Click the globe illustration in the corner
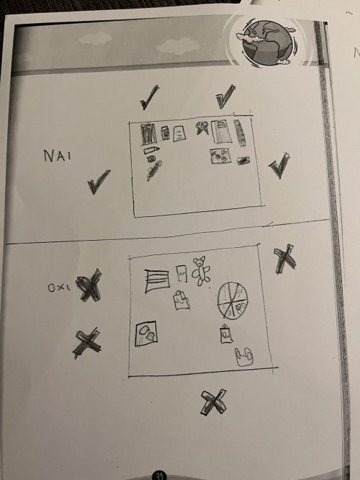tap(267, 43)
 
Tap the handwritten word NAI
tap(58, 156)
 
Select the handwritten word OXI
tap(59, 288)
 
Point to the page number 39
tap(159, 476)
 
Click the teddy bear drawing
tap(201, 271)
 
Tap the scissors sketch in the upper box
tap(202, 128)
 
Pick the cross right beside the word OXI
tap(89, 285)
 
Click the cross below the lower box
tap(214, 402)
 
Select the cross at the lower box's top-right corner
tap(284, 259)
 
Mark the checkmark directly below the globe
tap(226, 97)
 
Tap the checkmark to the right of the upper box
tap(279, 165)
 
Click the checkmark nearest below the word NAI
tap(99, 182)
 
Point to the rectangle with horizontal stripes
tap(157, 281)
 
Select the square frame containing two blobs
tap(146, 334)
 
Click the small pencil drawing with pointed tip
tap(151, 150)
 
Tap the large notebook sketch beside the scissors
tap(221, 132)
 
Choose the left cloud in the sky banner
tap(95, 38)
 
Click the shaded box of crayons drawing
tap(148, 134)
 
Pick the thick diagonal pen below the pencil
tap(154, 171)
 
